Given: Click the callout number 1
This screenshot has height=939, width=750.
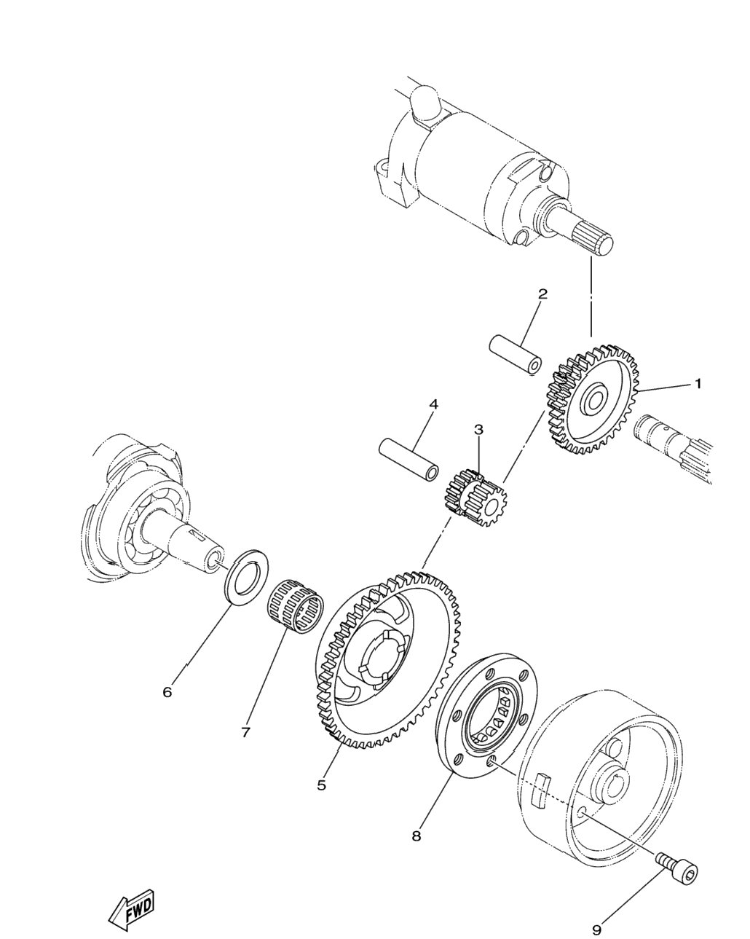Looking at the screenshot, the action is click(x=698, y=384).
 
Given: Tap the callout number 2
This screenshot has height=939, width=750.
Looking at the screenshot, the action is click(x=542, y=294).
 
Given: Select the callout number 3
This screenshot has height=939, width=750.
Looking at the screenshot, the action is click(x=478, y=429).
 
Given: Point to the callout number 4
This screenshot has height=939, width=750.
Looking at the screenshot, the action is click(x=433, y=404).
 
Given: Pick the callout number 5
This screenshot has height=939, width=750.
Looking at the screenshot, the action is click(x=322, y=797).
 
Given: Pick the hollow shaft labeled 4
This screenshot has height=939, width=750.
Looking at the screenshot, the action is click(x=409, y=460).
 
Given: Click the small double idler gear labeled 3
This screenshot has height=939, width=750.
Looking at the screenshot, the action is click(x=478, y=497).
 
